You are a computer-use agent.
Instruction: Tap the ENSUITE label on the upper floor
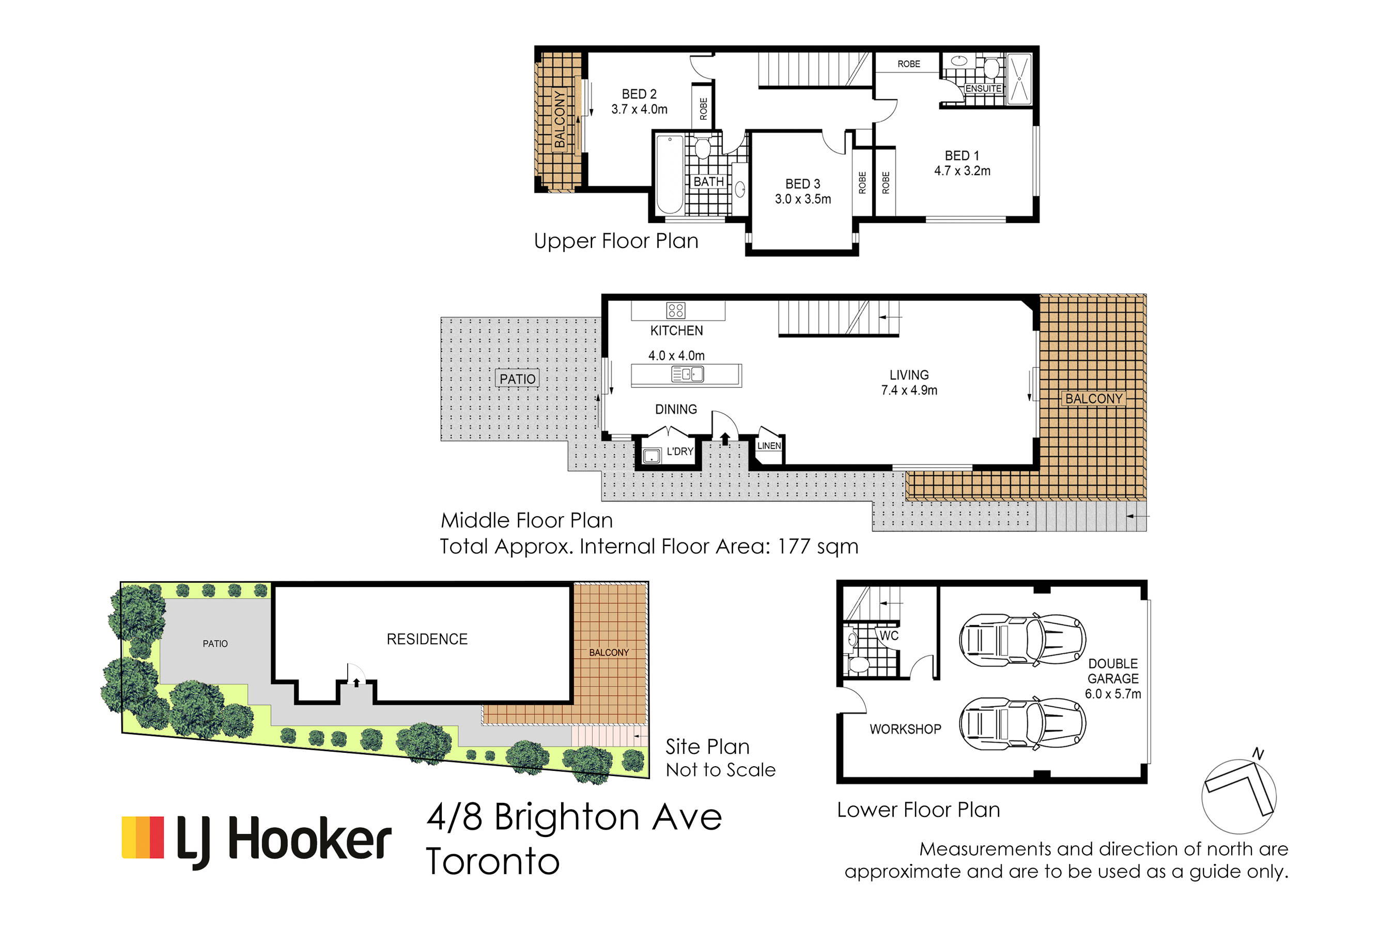[x=983, y=88]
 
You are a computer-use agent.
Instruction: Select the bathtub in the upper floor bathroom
[x=670, y=174]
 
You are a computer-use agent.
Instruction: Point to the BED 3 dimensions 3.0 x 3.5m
[x=803, y=199]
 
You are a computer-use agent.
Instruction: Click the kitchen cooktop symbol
[x=676, y=310]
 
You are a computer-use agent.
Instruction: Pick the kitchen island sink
[x=687, y=374]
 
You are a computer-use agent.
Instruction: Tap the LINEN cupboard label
[x=769, y=445]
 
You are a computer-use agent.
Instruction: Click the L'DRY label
[x=680, y=452]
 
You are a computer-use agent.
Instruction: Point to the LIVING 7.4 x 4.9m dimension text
[x=909, y=390]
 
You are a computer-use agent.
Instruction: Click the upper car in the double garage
[x=1022, y=640]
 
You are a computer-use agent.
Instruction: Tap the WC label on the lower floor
[x=889, y=636]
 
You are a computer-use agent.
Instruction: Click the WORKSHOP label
[x=905, y=729]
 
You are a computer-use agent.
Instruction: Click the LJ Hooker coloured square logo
[x=143, y=838]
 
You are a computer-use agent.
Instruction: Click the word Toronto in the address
[x=493, y=862]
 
